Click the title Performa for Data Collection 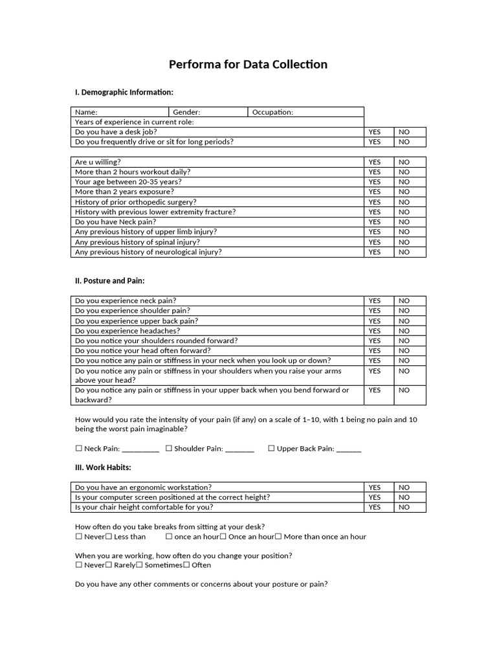pos(248,64)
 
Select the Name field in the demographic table pos(120,112)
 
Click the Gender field pos(208,112)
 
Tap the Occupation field pos(305,112)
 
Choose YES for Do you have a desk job pos(375,132)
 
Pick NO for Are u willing pos(404,162)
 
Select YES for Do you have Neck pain pos(375,221)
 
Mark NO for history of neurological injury pos(404,252)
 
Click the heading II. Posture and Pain pos(110,280)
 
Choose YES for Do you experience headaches pos(375,331)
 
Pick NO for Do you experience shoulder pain pos(404,311)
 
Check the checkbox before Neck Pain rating pos(79,449)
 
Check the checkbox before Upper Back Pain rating pos(272,449)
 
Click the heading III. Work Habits pos(104,467)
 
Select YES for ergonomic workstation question pos(375,488)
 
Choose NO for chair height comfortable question pos(404,507)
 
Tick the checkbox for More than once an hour pos(278,537)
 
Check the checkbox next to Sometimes pos(139,565)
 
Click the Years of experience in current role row pos(217,122)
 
